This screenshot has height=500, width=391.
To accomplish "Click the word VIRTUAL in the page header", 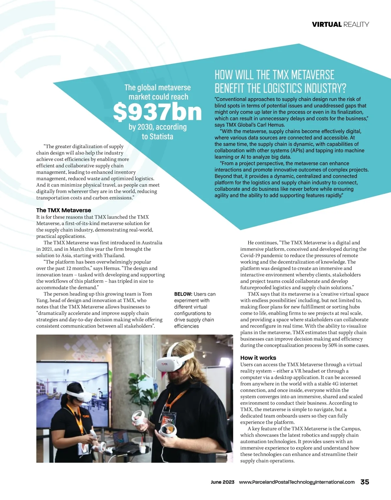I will [326, 24].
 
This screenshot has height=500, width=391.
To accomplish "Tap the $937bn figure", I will [157, 112].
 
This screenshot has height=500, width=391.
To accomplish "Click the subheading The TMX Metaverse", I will [64, 210].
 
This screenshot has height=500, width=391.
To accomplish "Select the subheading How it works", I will [258, 358].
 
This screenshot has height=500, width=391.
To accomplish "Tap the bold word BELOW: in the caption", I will [183, 294].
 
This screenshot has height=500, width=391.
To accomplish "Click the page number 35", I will [365, 482].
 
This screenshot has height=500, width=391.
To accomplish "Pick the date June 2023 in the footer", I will [223, 482].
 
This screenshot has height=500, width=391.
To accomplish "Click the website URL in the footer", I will [297, 482].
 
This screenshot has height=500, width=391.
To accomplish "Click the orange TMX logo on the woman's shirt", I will [86, 416].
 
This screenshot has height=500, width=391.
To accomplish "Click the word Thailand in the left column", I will [114, 255].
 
